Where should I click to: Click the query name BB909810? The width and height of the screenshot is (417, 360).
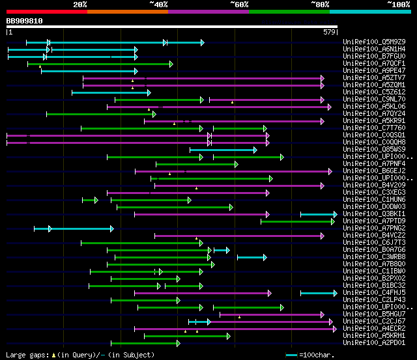click(x=24, y=21)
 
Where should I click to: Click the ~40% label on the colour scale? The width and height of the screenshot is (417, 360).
click(x=158, y=5)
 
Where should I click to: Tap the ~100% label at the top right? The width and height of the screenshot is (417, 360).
click(x=398, y=5)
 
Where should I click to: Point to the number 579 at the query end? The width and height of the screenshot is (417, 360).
click(x=329, y=31)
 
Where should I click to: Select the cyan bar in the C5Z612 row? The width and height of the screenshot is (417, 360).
click(x=111, y=92)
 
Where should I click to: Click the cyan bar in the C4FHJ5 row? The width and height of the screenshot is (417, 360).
click(x=319, y=293)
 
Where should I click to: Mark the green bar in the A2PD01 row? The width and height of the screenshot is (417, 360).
click(x=145, y=343)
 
